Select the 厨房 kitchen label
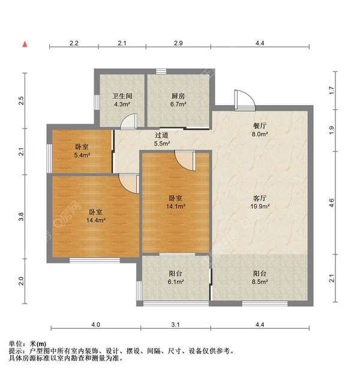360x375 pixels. [177, 95]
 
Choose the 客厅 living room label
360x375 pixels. [259, 197]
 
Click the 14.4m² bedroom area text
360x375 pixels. [96, 220]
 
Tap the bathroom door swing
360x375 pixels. [128, 122]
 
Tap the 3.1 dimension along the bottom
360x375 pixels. [175, 325]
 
